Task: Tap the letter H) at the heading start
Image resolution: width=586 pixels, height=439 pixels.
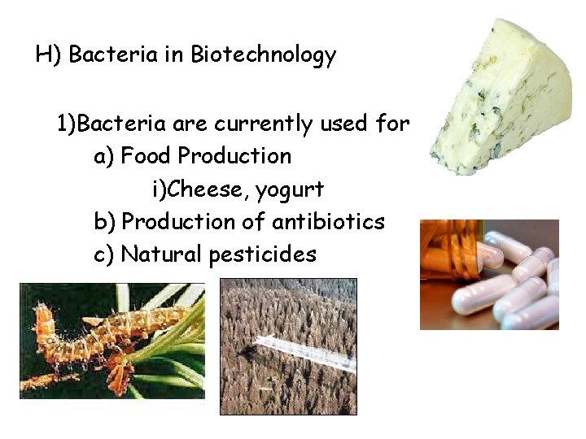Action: click(x=49, y=56)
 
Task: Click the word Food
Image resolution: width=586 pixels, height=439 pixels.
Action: click(x=146, y=155)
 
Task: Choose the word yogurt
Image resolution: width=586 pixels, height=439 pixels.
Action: click(x=290, y=191)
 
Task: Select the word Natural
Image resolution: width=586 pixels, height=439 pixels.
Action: click(x=162, y=254)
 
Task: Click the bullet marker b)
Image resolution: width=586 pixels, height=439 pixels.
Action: click(x=104, y=221)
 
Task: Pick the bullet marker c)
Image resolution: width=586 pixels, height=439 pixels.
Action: click(x=104, y=254)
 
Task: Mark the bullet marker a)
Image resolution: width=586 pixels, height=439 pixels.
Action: click(x=104, y=155)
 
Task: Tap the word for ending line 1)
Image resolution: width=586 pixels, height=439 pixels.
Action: click(x=391, y=124)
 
